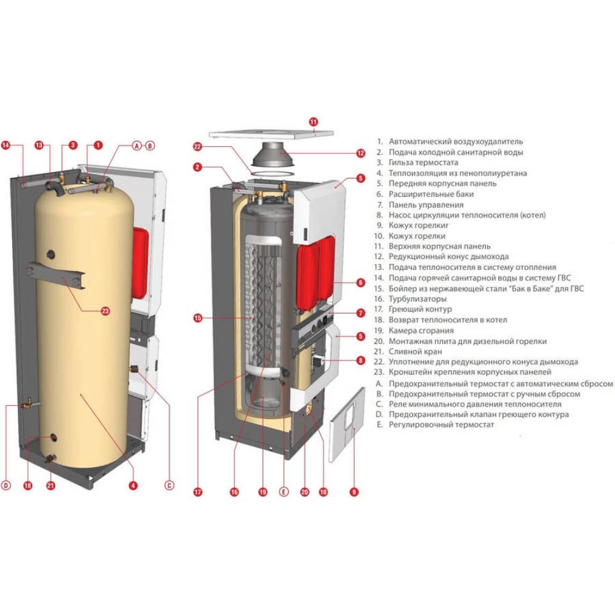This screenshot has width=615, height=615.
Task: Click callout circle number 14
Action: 6,146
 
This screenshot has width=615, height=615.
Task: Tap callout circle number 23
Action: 105,311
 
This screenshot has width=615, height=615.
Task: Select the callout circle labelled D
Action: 6,486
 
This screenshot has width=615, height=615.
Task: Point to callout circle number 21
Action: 51,486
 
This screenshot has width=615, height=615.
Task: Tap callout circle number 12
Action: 361,153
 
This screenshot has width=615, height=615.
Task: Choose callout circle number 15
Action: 198,318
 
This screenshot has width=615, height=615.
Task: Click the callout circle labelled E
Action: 284,491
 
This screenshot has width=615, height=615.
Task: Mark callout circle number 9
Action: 354,491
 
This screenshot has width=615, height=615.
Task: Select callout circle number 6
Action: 361,283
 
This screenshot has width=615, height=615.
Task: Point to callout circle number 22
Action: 197,146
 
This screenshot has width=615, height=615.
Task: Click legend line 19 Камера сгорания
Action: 425,330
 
